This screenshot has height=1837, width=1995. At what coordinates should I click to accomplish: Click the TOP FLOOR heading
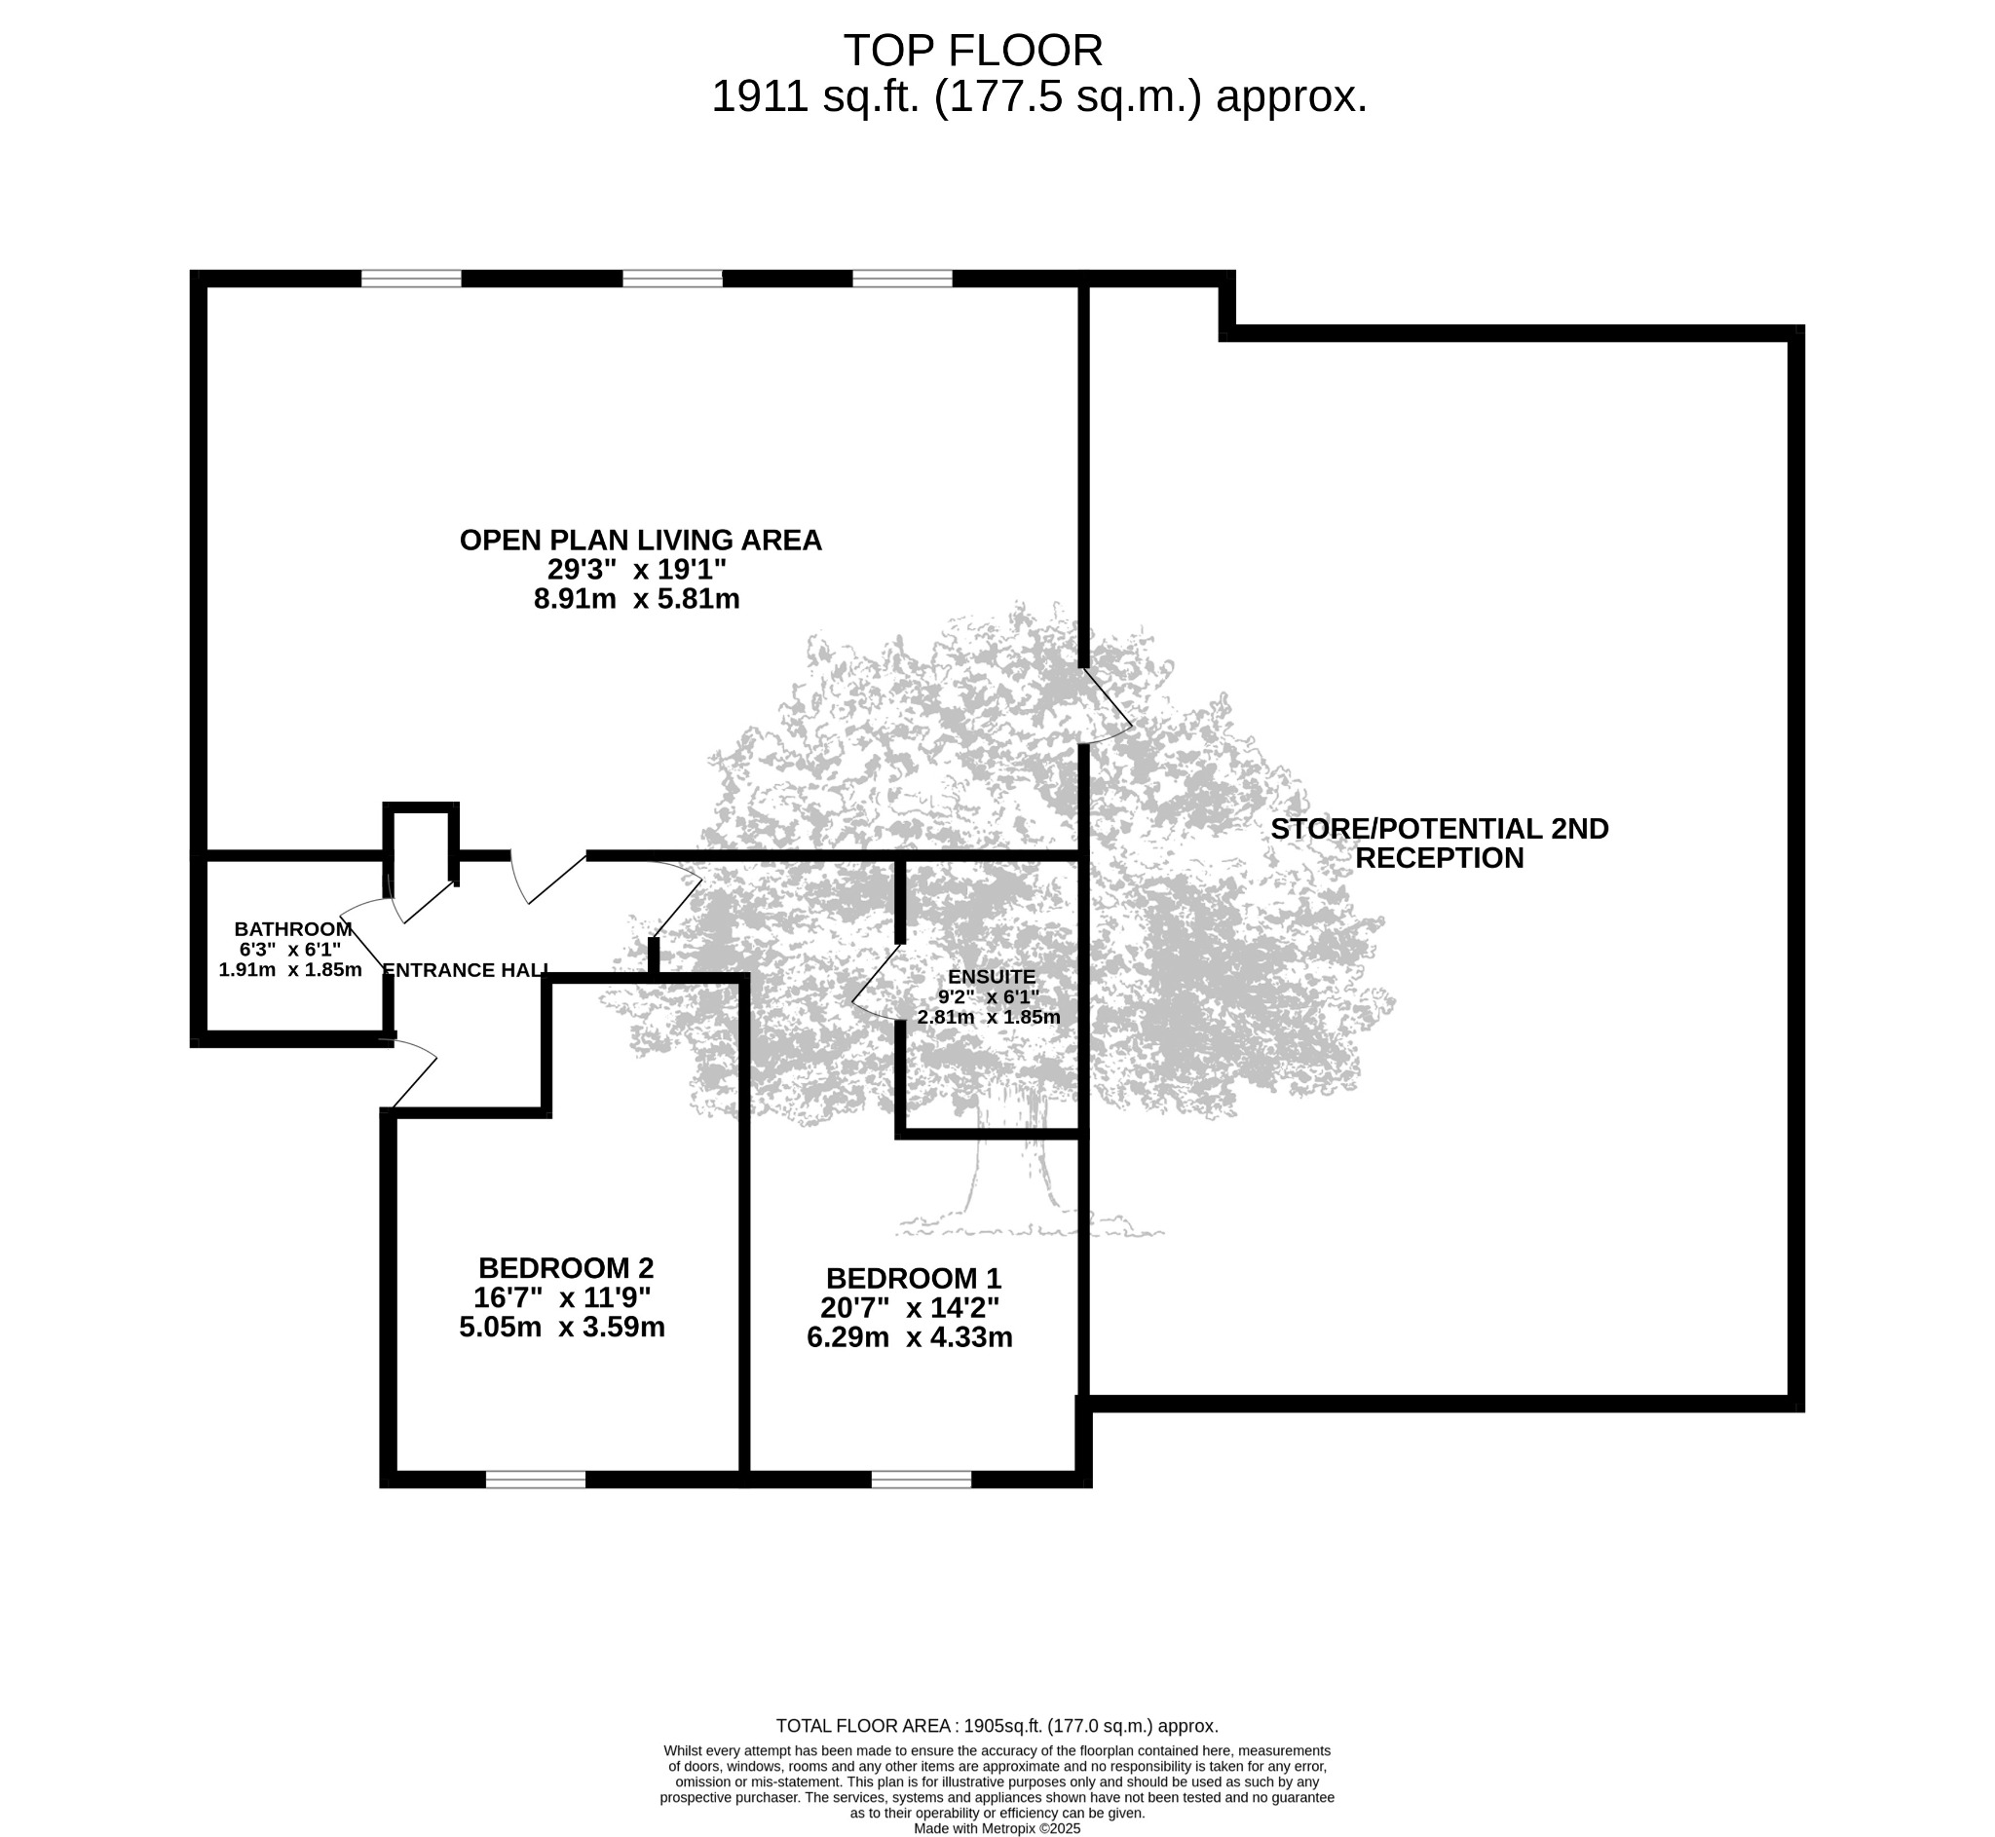click(973, 50)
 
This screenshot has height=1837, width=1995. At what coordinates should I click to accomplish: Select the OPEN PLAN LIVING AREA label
click(640, 540)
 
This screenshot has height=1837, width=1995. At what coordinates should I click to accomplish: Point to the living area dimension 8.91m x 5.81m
click(637, 599)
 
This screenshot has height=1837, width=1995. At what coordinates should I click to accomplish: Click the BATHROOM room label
click(293, 929)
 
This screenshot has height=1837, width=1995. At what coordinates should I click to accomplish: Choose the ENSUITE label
click(991, 977)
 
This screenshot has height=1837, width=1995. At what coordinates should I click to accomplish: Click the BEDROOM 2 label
click(566, 1268)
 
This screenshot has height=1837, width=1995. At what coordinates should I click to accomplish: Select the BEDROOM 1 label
click(914, 1278)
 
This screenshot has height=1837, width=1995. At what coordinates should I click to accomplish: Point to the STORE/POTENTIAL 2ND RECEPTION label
click(1440, 843)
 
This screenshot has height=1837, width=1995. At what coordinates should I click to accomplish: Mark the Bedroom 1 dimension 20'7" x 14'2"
click(910, 1308)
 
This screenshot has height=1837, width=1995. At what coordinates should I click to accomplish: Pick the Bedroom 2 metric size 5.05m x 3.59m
click(562, 1327)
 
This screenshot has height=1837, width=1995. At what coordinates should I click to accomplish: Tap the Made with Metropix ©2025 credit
click(997, 1828)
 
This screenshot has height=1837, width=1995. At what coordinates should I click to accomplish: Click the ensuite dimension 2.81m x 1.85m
click(988, 1017)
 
